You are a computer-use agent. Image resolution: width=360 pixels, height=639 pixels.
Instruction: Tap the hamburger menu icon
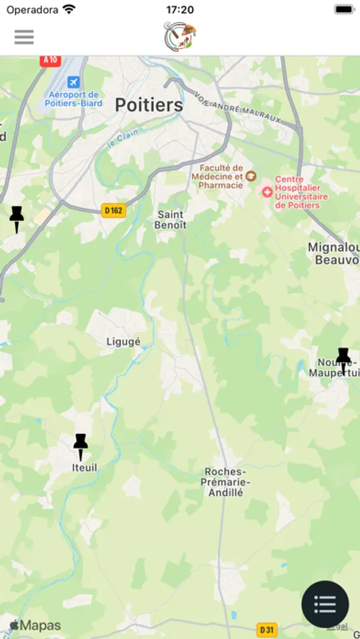pyautogui.click(x=24, y=37)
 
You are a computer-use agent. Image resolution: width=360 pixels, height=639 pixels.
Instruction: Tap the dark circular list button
pyautogui.click(x=325, y=604)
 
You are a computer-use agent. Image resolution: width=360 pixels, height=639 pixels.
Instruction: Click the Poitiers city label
pyautogui.click(x=149, y=106)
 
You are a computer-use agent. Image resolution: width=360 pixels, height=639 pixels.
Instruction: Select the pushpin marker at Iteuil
pyautogui.click(x=81, y=446)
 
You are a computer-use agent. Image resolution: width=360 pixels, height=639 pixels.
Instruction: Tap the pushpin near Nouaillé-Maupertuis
pyautogui.click(x=344, y=361)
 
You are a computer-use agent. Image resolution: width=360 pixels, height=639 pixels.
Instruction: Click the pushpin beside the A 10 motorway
pyautogui.click(x=17, y=219)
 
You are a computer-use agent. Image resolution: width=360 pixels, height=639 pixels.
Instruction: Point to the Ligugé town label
pyautogui.click(x=123, y=342)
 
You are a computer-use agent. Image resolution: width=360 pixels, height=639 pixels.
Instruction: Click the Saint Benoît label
pyautogui.click(x=170, y=219)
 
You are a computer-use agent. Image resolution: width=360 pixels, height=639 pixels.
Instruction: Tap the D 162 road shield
pyautogui.click(x=114, y=210)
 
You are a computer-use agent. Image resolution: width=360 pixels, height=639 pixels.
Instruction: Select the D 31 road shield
pyautogui.click(x=267, y=630)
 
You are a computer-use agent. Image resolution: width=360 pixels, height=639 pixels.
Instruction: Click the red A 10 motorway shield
pyautogui.click(x=50, y=60)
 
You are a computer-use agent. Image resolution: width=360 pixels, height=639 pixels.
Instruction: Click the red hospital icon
pyautogui.click(x=267, y=192)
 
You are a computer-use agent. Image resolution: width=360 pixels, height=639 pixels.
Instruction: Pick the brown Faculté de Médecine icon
pyautogui.click(x=251, y=175)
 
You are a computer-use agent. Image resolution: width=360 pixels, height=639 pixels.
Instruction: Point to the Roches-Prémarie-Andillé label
pyautogui.click(x=224, y=481)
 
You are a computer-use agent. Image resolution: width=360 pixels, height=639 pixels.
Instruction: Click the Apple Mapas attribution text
pyautogui.click(x=35, y=626)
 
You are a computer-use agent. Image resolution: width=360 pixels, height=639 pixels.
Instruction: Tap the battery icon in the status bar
pyautogui.click(x=344, y=10)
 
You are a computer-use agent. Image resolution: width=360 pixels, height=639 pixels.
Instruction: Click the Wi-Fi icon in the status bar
pyautogui.click(x=69, y=10)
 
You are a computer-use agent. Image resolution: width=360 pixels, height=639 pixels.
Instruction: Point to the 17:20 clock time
pyautogui.click(x=180, y=10)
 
